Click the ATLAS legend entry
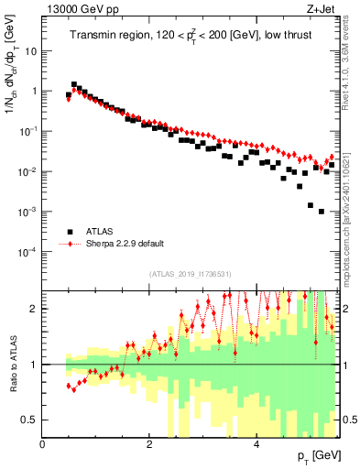(x=103, y=232)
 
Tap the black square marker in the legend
(x=68, y=232)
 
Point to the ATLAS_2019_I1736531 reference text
(x=191, y=274)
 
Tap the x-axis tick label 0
(x=43, y=444)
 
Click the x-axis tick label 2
(x=149, y=444)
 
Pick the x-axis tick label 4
(x=256, y=444)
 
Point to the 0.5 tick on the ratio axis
(x=31, y=420)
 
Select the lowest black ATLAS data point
(x=321, y=211)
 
